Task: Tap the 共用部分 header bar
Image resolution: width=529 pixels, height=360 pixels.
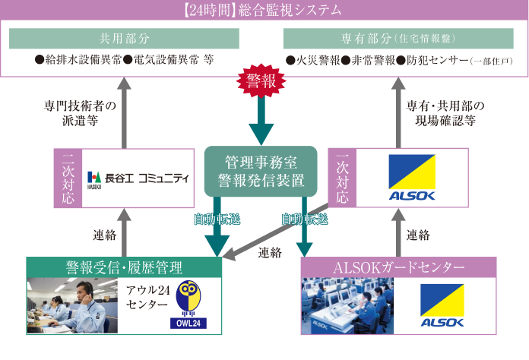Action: click(x=125, y=38)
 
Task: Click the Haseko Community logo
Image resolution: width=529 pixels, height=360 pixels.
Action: click(x=138, y=178)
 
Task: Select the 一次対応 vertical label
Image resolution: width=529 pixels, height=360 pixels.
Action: click(x=343, y=178)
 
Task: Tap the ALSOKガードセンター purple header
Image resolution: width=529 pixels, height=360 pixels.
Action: click(x=398, y=267)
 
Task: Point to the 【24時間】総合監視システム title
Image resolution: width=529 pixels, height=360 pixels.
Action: click(x=264, y=11)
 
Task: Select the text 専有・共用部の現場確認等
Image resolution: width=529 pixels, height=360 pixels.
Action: click(x=445, y=113)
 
